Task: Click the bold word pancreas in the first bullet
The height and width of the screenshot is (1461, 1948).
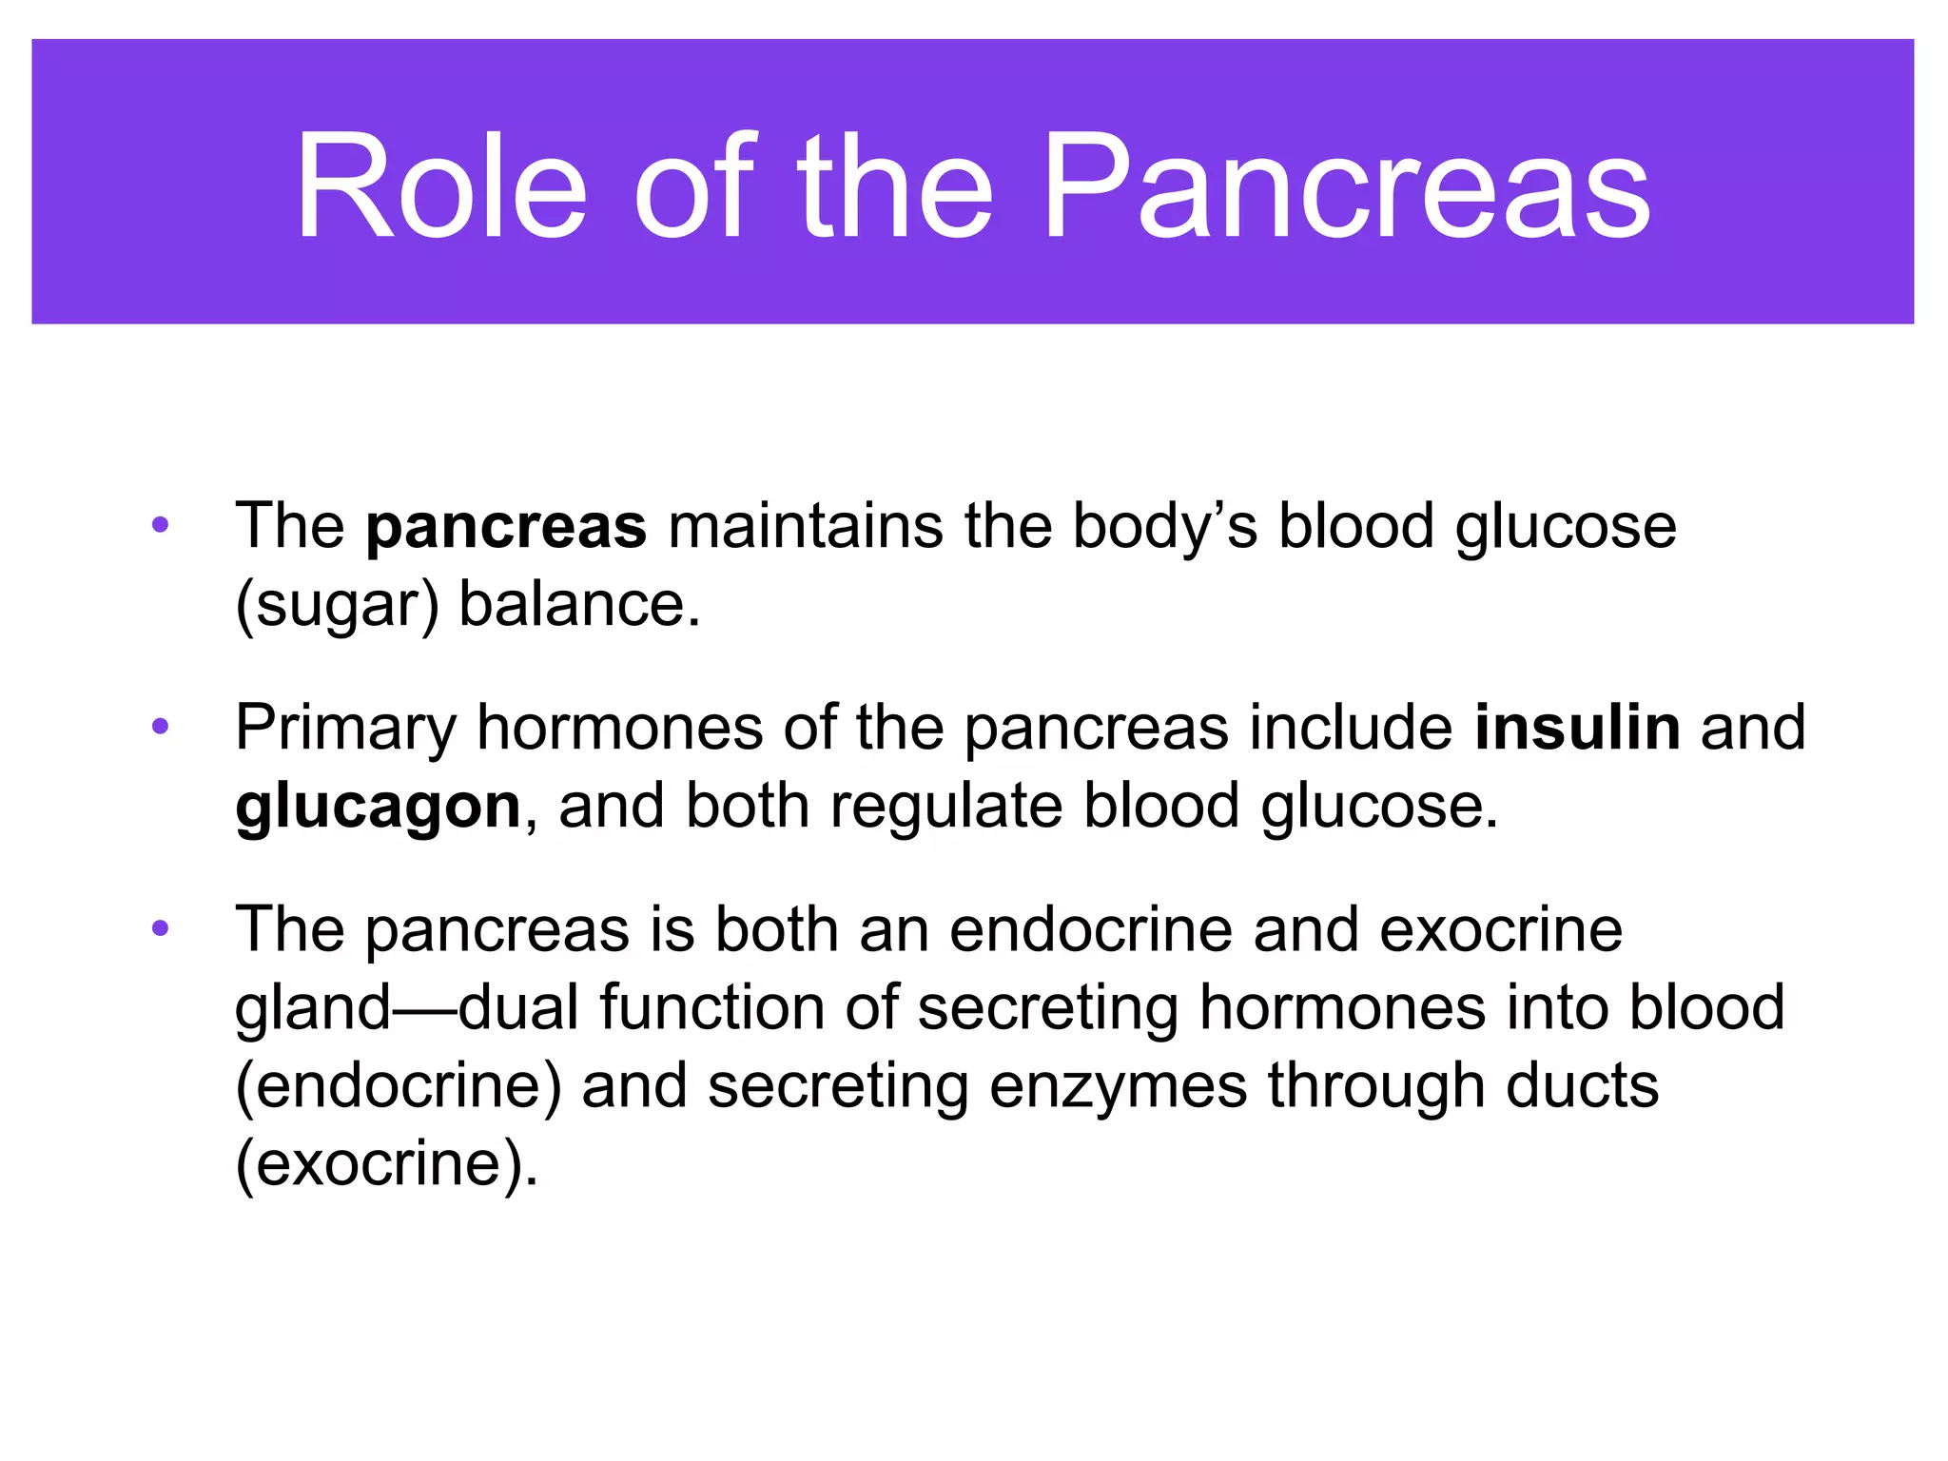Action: tap(506, 527)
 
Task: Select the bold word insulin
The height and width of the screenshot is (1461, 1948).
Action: tap(1577, 728)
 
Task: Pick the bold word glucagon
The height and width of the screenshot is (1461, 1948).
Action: tap(378, 808)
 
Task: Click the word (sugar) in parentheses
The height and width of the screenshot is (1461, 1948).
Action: tap(337, 606)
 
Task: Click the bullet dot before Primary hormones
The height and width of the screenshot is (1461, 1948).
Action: tap(160, 727)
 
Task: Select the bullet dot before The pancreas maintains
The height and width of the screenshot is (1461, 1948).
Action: tap(160, 525)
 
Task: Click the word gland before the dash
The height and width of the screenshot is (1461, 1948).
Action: tap(313, 1008)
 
